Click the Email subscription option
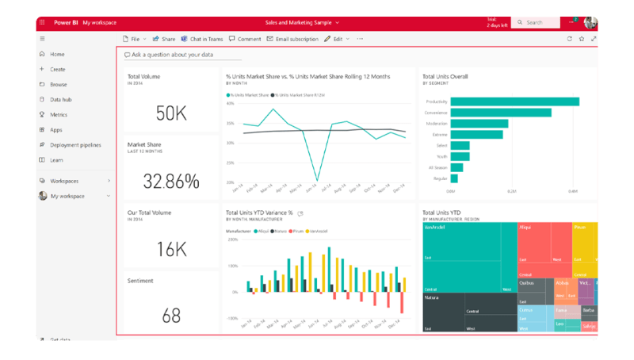click(x=292, y=38)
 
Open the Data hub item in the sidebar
click(x=61, y=100)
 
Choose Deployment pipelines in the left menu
click(x=75, y=145)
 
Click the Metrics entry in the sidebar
click(x=59, y=115)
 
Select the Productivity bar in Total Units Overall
click(x=515, y=101)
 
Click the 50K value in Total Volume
click(x=170, y=114)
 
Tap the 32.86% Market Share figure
click(x=170, y=181)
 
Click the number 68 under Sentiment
click(x=171, y=316)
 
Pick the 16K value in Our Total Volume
click(x=170, y=249)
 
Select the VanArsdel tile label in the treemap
click(x=433, y=227)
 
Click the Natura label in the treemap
click(x=431, y=298)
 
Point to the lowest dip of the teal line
click(x=318, y=180)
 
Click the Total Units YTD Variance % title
click(x=259, y=213)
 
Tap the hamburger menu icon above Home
click(x=42, y=38)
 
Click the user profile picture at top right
click(x=590, y=22)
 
